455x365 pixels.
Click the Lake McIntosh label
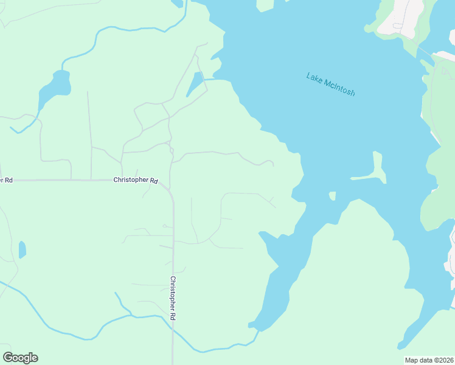330,85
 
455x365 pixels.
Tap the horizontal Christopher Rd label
136,181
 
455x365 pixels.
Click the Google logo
20,358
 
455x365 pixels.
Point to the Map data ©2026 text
428,360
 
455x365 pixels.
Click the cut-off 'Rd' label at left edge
6,180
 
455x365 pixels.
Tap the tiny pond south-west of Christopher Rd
23,249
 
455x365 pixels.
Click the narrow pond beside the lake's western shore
195,84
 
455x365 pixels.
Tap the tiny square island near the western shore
332,196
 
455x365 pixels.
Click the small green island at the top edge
265,5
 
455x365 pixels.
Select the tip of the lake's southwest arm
251,326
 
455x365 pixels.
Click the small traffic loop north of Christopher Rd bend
171,149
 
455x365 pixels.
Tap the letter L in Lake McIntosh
309,75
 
